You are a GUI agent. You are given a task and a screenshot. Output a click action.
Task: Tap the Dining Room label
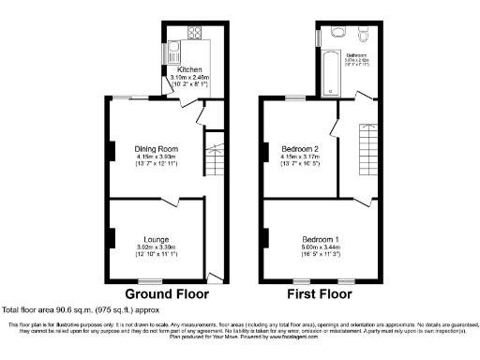click(x=156, y=148)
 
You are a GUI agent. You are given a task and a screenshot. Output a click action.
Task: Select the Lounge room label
click(x=156, y=239)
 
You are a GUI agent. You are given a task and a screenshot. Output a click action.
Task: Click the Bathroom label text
click(x=356, y=55)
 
